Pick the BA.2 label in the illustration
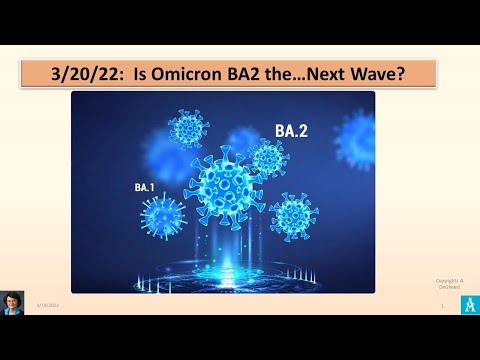tap(291, 129)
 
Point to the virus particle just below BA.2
tap(268, 158)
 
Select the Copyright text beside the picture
tap(450, 284)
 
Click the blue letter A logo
tap(462, 305)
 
